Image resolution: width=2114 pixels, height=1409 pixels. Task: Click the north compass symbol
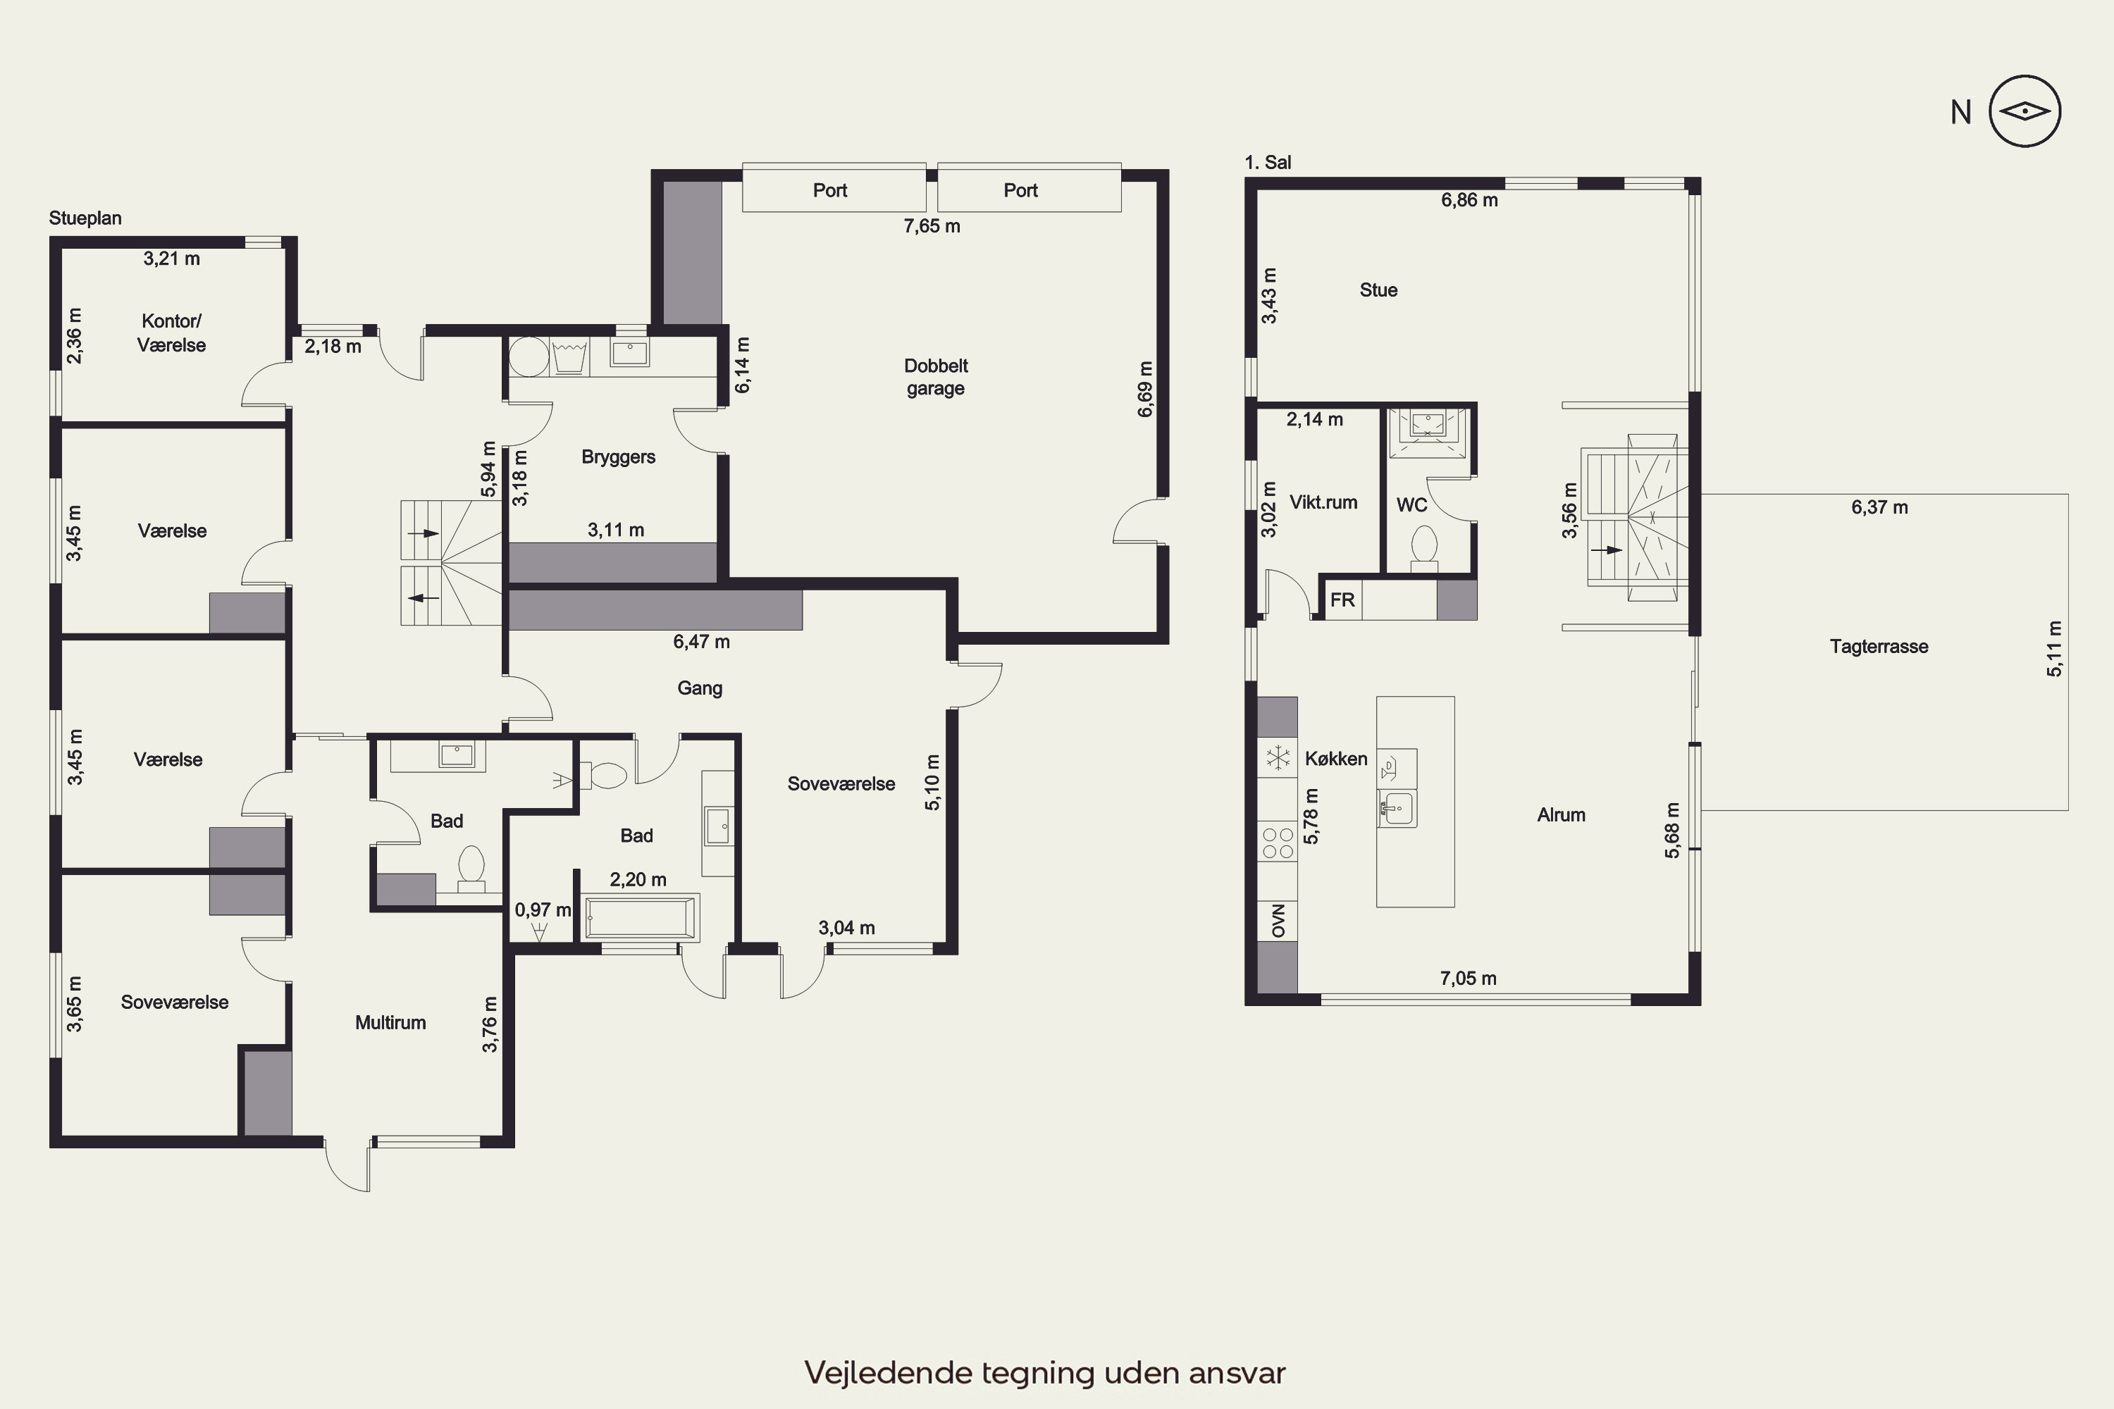coord(2024,111)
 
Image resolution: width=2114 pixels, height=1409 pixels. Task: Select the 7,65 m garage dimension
coord(932,226)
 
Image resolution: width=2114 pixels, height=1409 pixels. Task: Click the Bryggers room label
coord(619,457)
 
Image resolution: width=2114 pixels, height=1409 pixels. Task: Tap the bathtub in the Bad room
coord(640,917)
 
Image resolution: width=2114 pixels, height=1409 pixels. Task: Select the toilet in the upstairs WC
coord(1423,548)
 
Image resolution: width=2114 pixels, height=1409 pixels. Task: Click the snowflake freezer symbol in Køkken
coord(1277,757)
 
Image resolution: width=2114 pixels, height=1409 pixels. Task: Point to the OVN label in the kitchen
coord(1278,921)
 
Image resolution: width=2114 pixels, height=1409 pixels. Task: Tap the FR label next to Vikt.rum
coord(1342,600)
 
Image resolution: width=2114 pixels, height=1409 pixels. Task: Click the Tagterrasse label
coord(1879,646)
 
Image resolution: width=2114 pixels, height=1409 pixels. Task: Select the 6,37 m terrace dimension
coord(1879,507)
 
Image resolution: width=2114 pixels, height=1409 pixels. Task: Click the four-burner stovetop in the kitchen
coord(1277,843)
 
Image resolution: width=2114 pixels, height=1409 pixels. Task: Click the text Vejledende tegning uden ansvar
coord(1044,1373)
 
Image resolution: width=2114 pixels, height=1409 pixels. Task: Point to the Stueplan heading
coord(85,218)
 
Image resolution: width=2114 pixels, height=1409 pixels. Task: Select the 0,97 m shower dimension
coord(543,910)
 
